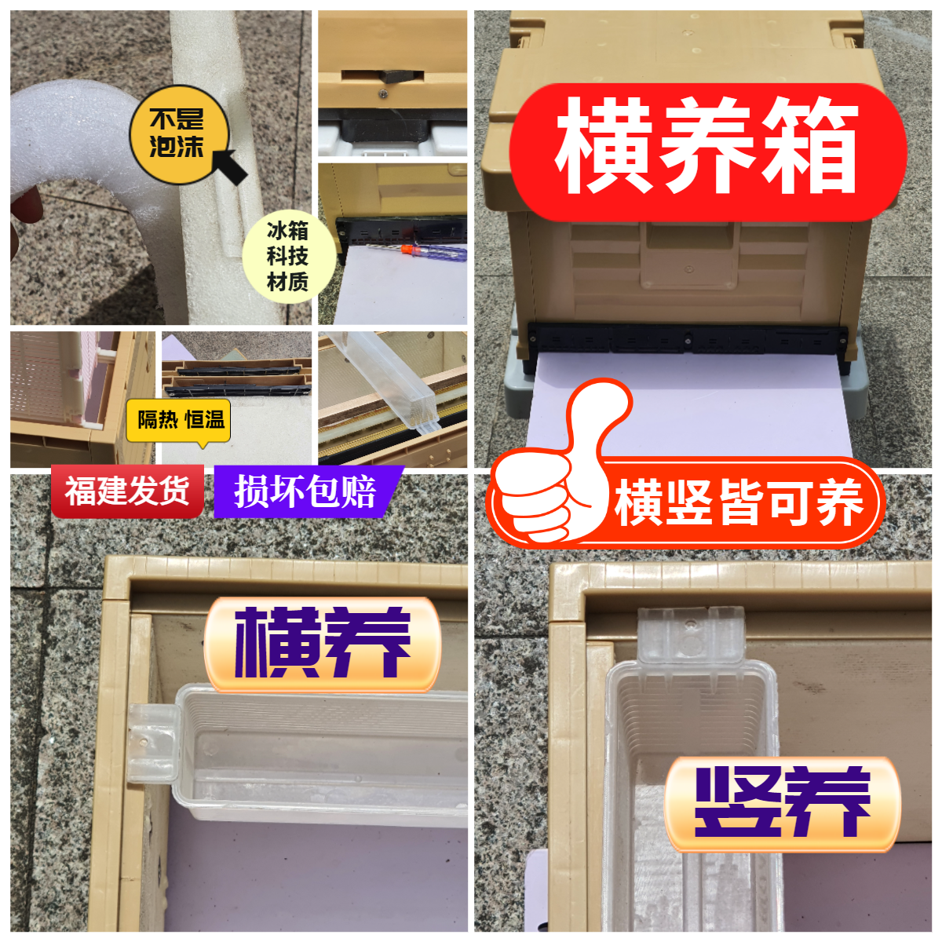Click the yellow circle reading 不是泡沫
[x=177, y=134]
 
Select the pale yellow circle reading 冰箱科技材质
[x=287, y=256]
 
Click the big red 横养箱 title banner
[x=706, y=149]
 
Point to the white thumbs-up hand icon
[x=553, y=479]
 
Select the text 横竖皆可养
[x=738, y=502]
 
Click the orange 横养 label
[x=322, y=644]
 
